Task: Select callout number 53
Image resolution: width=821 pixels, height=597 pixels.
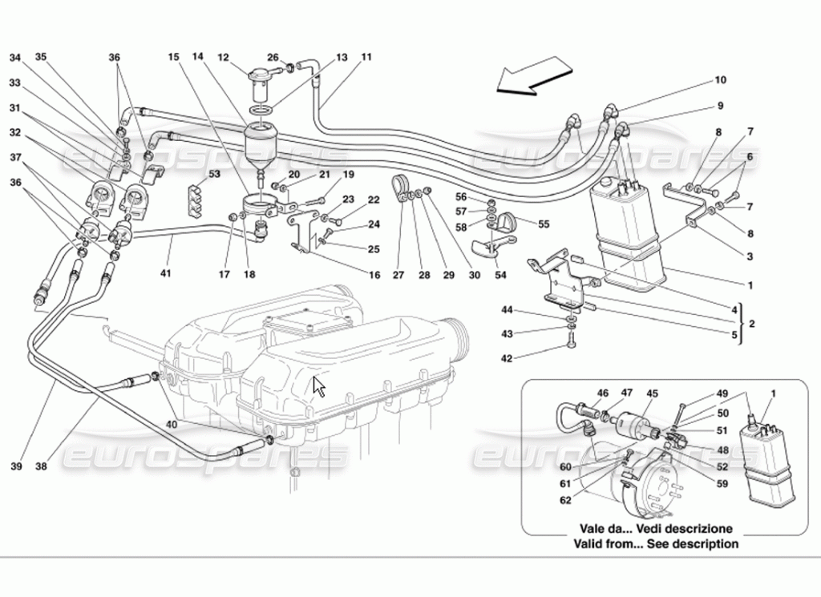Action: tap(215, 174)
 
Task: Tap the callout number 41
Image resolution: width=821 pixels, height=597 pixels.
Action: tap(165, 273)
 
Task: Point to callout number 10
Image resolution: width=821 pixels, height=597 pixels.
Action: tap(721, 80)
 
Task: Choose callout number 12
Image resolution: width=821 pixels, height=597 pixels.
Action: tap(223, 58)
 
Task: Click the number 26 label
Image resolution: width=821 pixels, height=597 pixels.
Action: tap(273, 58)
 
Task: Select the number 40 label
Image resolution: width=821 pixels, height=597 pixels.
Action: tap(172, 425)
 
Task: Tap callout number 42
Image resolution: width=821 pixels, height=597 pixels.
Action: tap(507, 358)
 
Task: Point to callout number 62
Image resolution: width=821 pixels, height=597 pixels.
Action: tap(565, 501)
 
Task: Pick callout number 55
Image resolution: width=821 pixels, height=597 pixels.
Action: tap(544, 224)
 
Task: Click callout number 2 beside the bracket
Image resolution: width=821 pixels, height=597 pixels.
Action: tap(752, 324)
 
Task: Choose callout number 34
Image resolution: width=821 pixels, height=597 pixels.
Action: tap(16, 58)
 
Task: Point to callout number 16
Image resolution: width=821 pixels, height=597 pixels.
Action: tap(374, 274)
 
